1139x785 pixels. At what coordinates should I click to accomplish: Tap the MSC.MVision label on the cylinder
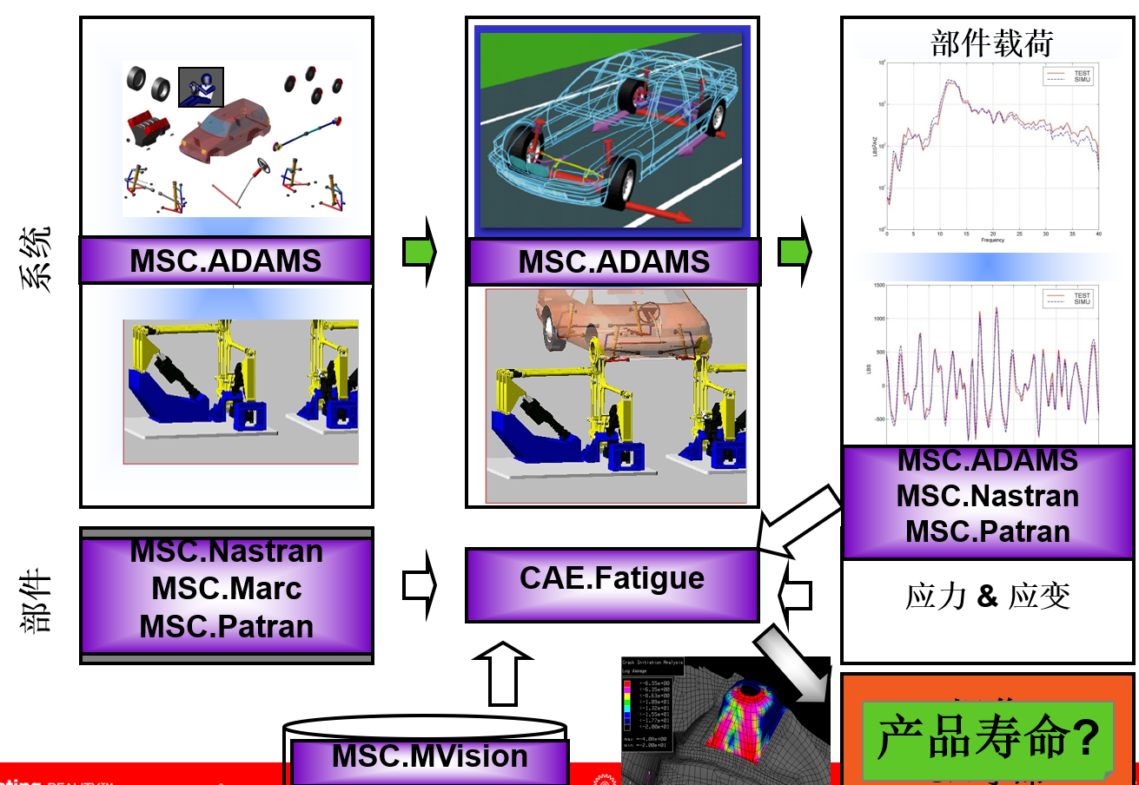coord(429,756)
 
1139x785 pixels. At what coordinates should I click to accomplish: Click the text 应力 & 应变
coord(987,597)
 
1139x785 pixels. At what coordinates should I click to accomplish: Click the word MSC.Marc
coord(227,589)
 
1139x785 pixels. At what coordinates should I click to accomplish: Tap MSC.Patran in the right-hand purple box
coord(988,531)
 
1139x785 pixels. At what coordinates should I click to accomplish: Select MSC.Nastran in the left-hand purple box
coord(227,551)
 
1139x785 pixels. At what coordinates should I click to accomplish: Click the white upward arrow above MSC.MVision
coord(502,673)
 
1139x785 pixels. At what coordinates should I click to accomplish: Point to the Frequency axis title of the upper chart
coord(991,239)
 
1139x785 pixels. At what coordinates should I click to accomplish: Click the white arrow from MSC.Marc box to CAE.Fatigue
coord(419,585)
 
